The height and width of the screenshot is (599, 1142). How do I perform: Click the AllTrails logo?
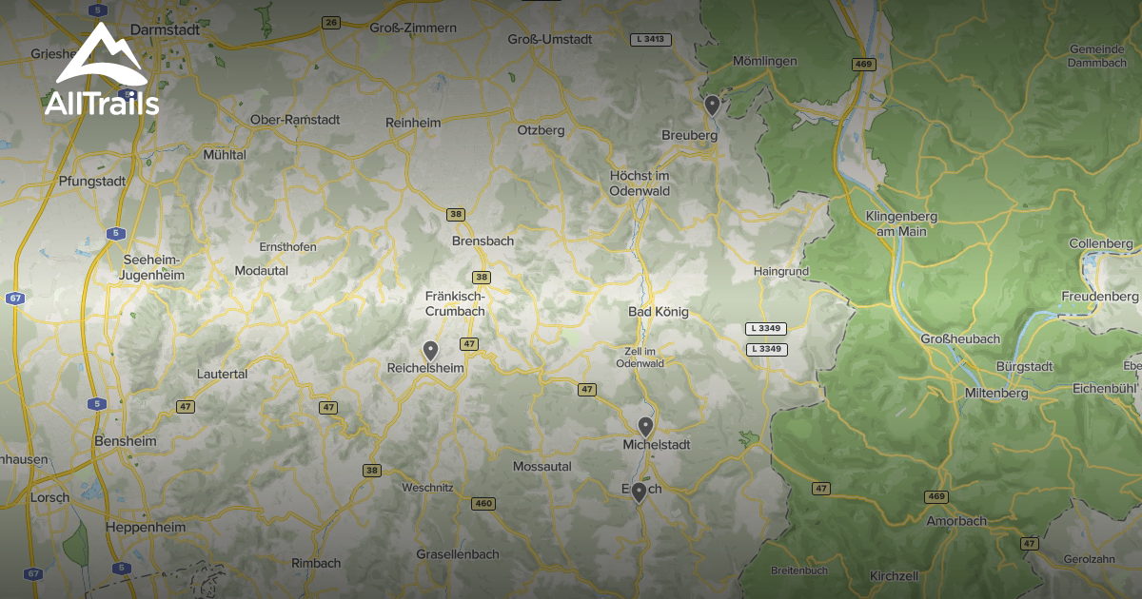(101, 72)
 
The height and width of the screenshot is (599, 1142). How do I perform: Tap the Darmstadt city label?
(165, 29)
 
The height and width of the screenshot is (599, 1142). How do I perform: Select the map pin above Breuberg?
(712, 105)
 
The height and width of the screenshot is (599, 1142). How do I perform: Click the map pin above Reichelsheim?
(430, 351)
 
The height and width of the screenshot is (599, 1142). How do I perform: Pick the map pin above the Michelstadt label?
(645, 426)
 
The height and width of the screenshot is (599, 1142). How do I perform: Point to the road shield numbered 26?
(330, 23)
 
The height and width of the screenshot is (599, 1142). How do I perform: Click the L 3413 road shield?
(651, 40)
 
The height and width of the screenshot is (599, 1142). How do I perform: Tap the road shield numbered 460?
(483, 504)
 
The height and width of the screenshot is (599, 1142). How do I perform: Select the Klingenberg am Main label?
(901, 223)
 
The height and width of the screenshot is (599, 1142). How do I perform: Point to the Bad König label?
(659, 312)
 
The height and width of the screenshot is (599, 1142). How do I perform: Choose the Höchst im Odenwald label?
(640, 184)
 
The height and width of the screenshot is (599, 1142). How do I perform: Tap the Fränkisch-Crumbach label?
(455, 303)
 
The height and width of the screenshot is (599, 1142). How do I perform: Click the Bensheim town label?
(126, 442)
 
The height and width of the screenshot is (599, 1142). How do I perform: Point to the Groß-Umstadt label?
(550, 39)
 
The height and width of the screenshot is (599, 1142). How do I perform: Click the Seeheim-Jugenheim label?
(152, 267)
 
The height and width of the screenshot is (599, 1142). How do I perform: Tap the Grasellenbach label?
(457, 554)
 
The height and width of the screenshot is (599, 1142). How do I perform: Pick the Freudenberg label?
(1100, 297)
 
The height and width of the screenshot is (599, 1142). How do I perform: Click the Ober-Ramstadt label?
(294, 120)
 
